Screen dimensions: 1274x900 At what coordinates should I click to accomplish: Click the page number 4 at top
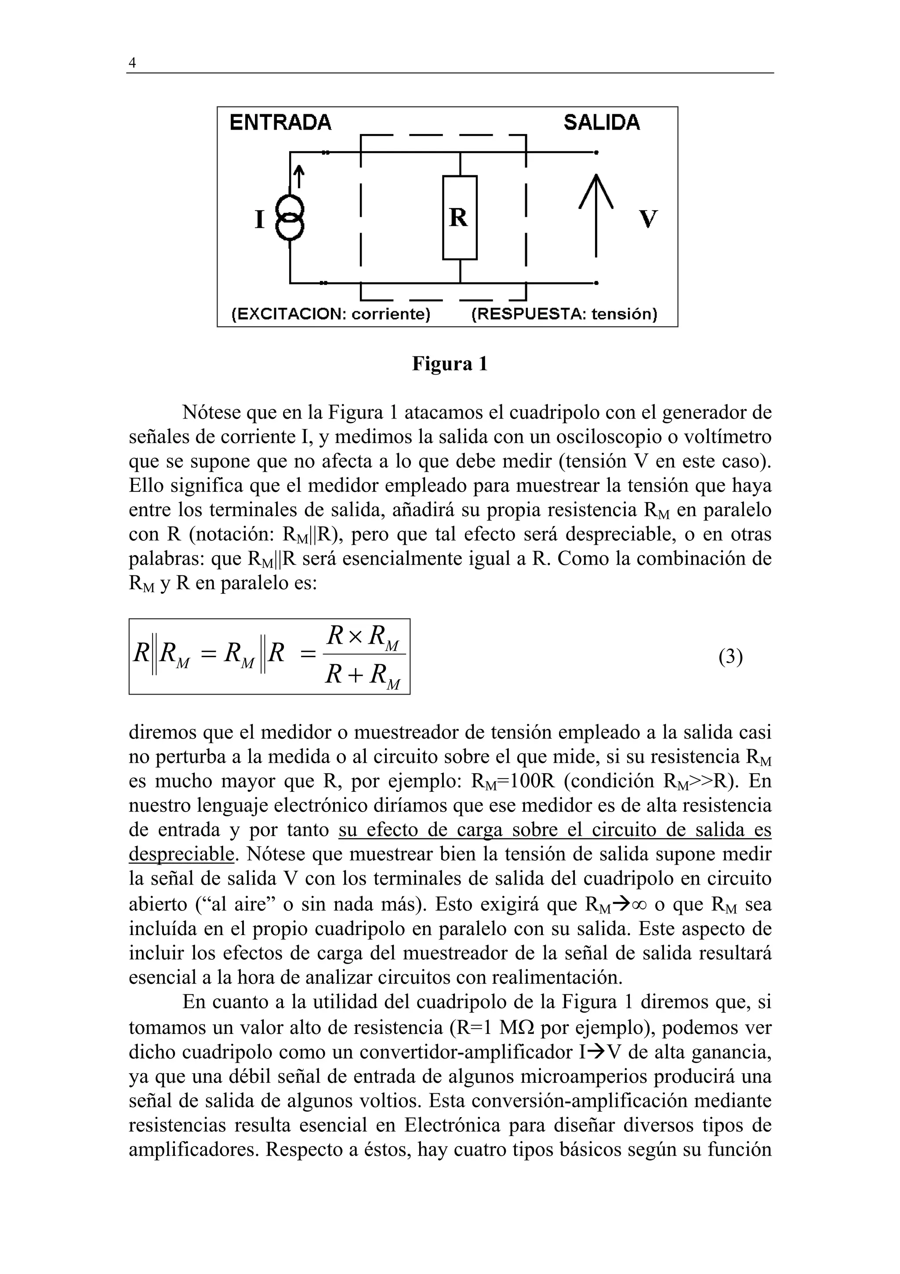click(132, 63)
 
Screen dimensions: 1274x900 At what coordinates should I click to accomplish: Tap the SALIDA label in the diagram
click(602, 122)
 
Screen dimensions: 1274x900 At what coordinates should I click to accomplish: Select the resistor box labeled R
click(459, 218)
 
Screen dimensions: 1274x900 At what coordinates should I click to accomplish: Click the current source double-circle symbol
click(290, 218)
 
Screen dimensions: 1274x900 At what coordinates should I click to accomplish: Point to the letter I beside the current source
click(259, 219)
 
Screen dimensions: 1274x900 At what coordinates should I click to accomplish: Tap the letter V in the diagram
click(648, 219)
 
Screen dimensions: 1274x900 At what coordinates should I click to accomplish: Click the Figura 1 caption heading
click(450, 364)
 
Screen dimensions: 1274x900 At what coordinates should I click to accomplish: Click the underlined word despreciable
click(181, 854)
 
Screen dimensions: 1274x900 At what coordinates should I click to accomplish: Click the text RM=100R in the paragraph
click(513, 781)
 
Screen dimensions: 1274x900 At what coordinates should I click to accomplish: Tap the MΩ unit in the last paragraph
click(516, 1028)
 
